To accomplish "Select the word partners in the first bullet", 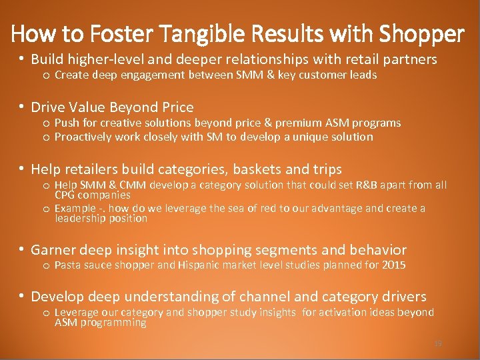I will point(405,59).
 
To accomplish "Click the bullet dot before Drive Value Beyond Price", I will point(22,107).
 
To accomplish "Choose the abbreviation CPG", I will point(65,195).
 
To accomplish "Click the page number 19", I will point(438,343).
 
